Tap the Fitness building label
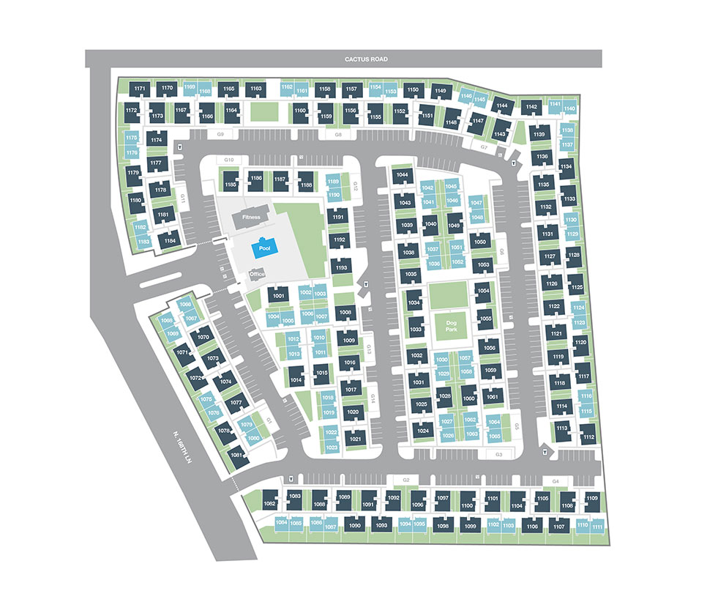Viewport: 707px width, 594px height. point(252,217)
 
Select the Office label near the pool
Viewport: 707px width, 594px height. point(256,274)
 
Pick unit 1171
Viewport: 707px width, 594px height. point(141,89)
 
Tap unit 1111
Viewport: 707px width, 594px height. point(598,527)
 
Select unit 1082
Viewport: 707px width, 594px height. point(269,503)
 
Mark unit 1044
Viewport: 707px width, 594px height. point(402,175)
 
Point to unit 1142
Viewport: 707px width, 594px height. point(531,107)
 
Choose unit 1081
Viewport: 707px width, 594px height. point(236,455)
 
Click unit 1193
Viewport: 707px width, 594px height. point(341,268)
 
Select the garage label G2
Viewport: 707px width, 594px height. point(406,480)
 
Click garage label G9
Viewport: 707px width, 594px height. point(220,135)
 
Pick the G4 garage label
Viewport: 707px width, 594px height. point(555,480)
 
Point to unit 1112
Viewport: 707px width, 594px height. point(588,437)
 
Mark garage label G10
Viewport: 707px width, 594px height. point(228,160)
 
